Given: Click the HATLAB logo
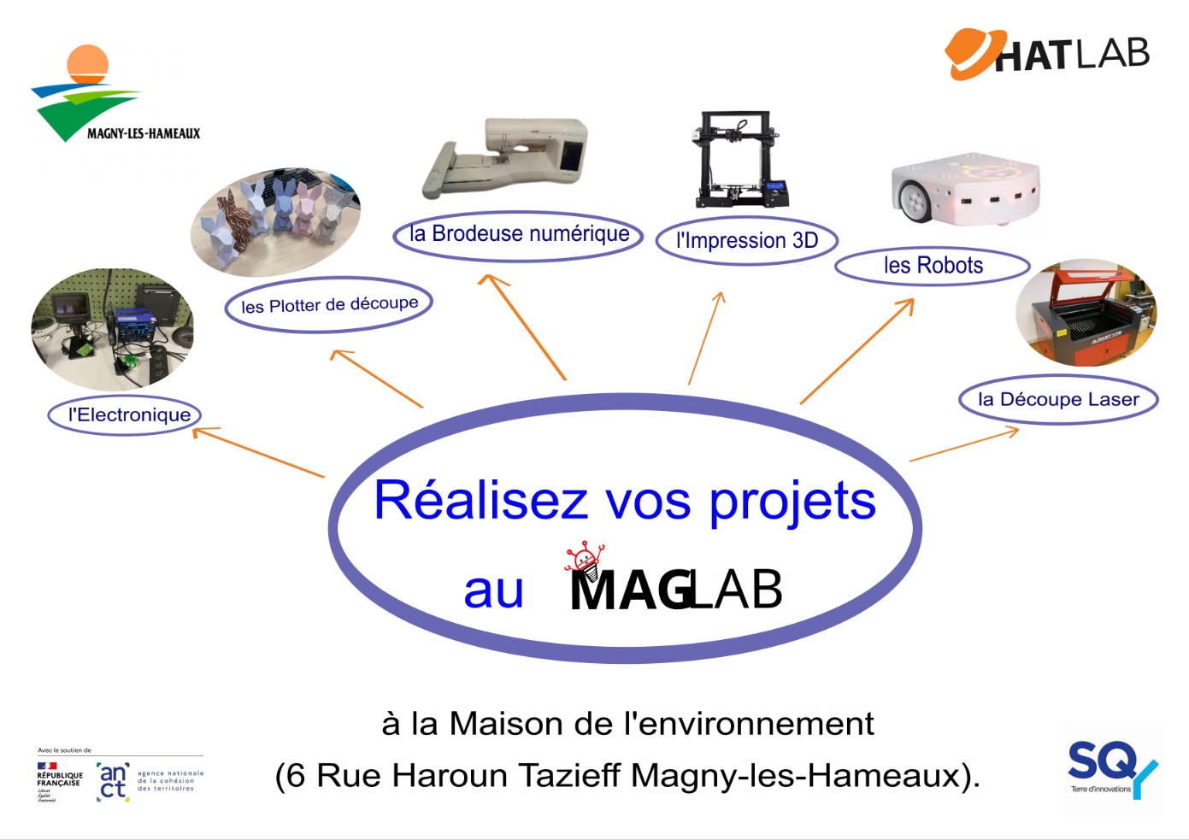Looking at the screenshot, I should (1047, 55).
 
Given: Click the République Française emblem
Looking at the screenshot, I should (58, 780).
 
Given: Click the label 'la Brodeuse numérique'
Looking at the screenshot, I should (519, 234).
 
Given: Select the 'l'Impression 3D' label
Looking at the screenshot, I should (746, 241).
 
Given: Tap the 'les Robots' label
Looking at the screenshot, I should (933, 266).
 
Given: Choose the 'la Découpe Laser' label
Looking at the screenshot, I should (1058, 399).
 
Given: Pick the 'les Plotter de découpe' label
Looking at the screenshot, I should (329, 304).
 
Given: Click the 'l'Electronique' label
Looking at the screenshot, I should (129, 415).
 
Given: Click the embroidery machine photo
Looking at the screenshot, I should (509, 159).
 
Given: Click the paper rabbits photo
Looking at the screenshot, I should (275, 221).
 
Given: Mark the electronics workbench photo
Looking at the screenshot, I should (112, 330).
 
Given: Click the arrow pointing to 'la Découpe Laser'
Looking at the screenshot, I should (964, 445).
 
